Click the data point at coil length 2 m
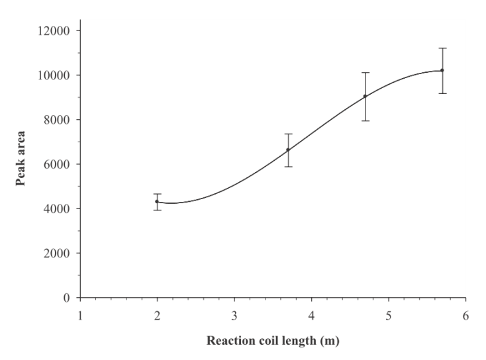[x=157, y=201]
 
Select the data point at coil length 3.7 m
[x=288, y=150]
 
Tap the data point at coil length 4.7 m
[x=365, y=96]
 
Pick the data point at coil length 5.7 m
[x=442, y=70]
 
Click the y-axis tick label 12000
[x=56, y=30]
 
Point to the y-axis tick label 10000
[x=56, y=75]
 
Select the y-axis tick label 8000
[x=59, y=120]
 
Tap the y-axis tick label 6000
[x=59, y=164]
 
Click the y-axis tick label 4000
[x=59, y=209]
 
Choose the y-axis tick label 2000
[x=59, y=253]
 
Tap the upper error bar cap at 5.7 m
[x=442, y=48]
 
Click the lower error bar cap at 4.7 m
[x=365, y=120]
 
